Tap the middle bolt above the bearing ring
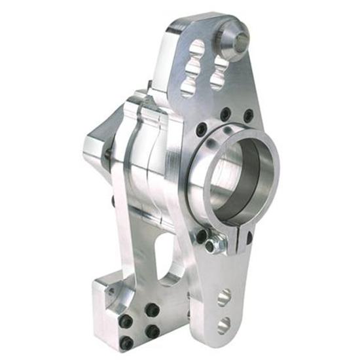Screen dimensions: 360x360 pos(225,115)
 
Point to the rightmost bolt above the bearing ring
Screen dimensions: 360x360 pos(247,116)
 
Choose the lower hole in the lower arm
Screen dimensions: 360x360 pos(223,324)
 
